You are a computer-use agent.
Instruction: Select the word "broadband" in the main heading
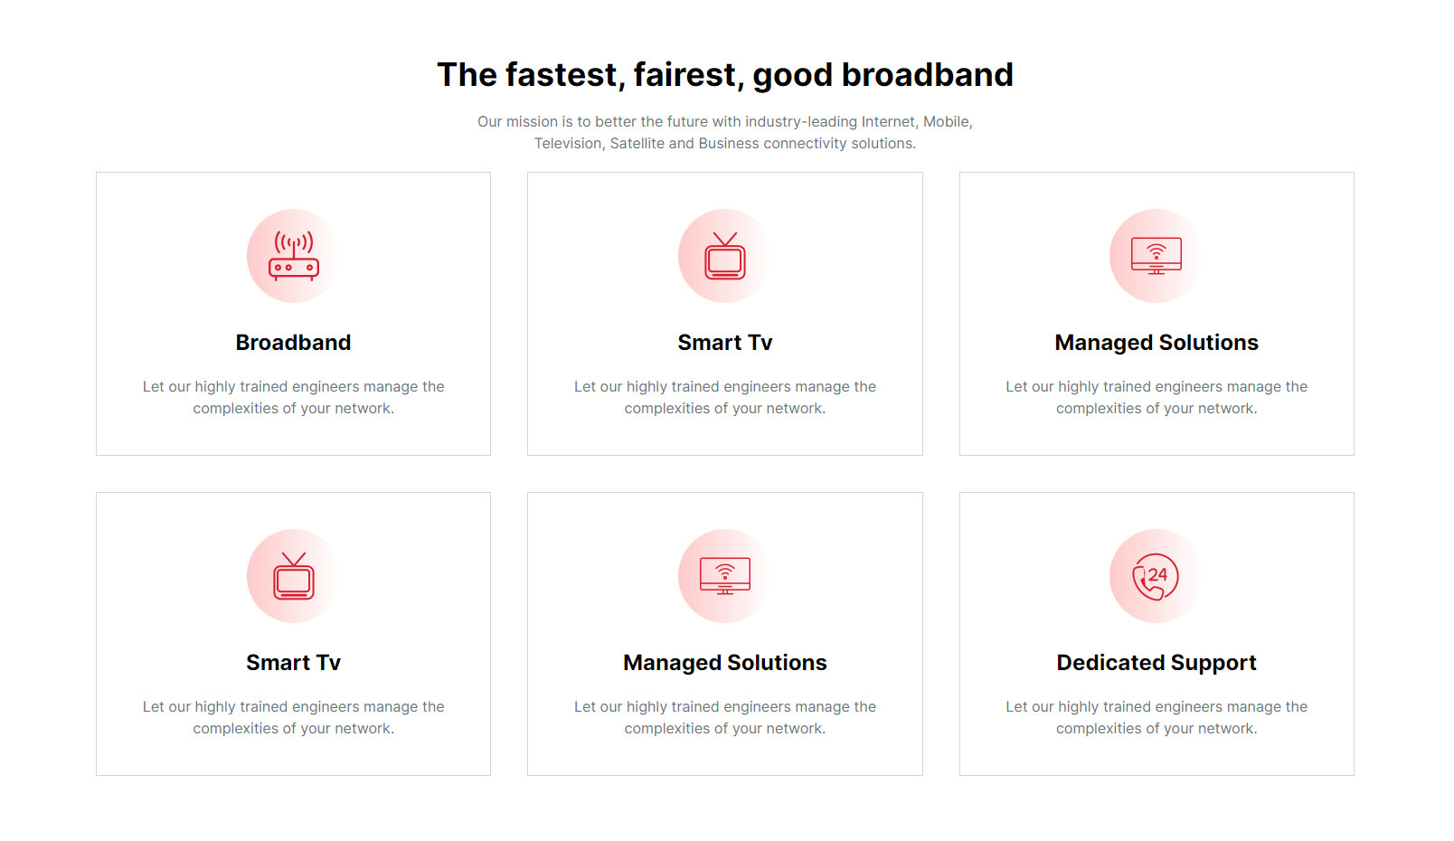tap(928, 74)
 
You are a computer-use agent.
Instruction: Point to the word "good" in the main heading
tap(793, 76)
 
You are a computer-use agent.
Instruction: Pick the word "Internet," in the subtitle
tap(889, 121)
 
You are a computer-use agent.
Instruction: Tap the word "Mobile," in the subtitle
tap(948, 121)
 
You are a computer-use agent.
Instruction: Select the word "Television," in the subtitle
tap(570, 144)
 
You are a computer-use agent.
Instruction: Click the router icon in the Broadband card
tap(293, 256)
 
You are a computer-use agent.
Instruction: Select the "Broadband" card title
tap(293, 342)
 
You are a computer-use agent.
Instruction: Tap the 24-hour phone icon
tap(1156, 576)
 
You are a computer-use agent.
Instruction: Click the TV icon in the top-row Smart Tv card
tap(725, 256)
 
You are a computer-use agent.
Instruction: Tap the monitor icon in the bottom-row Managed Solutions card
tap(725, 576)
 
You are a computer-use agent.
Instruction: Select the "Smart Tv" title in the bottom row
tap(293, 663)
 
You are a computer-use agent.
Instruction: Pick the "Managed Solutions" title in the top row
tap(1157, 342)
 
